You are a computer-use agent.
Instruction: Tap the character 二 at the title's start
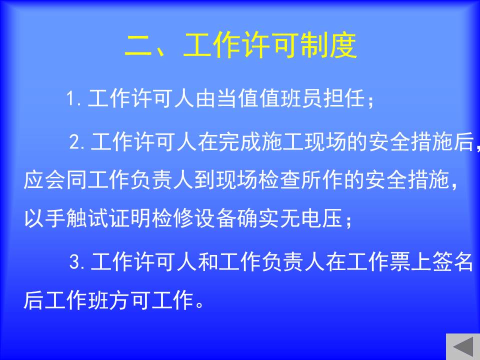coord(138,46)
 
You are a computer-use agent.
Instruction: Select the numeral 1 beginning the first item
coord(70,98)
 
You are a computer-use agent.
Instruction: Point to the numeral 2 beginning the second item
coord(74,141)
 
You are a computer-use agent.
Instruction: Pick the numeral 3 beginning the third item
coord(74,261)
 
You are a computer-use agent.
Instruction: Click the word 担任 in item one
coord(344,98)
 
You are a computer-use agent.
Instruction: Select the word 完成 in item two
coord(229,141)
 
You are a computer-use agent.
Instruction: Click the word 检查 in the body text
coord(279,179)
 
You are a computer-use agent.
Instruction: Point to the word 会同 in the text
coord(65,179)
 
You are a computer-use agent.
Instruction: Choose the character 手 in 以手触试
coord(55,218)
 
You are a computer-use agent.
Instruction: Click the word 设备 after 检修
coord(215,218)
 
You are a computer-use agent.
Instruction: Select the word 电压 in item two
coord(321,218)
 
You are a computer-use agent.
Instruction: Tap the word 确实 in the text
coord(258,218)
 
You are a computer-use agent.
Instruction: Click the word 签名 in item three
coord(452,261)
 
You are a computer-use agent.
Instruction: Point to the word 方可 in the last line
coord(130,300)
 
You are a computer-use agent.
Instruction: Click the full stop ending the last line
coord(199,304)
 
